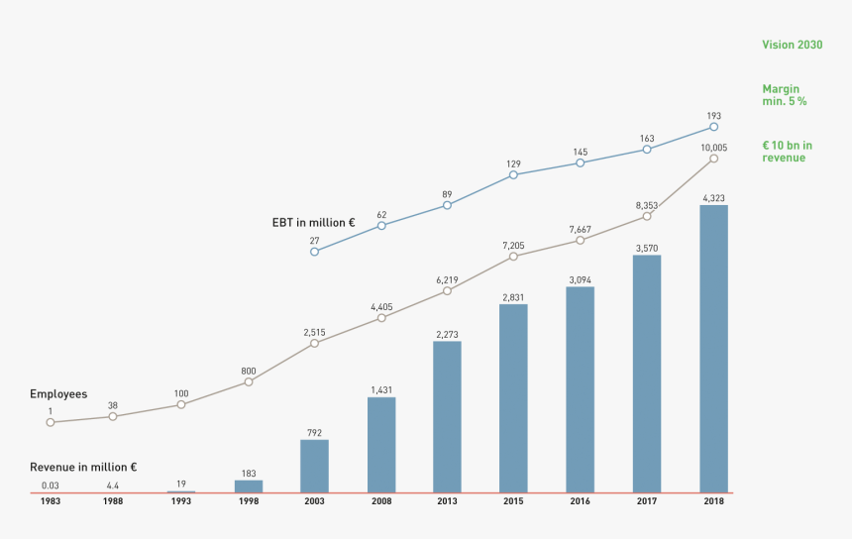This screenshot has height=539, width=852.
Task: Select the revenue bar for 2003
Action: [x=314, y=466]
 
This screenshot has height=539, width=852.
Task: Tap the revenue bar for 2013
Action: [x=447, y=417]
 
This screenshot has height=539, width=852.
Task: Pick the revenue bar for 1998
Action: [x=249, y=486]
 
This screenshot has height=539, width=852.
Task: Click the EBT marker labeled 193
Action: [x=714, y=127]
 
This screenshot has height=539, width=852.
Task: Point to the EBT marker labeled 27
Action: [x=314, y=252]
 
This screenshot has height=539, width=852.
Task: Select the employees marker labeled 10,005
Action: [x=714, y=159]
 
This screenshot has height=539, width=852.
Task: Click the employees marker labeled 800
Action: [x=249, y=381]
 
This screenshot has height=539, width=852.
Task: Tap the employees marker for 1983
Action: [x=50, y=422]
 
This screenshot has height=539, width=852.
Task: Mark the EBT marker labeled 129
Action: [x=513, y=175]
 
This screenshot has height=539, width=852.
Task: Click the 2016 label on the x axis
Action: [x=580, y=502]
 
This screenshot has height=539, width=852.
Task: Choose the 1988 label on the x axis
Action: [x=113, y=502]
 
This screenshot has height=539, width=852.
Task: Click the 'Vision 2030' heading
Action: [x=792, y=45]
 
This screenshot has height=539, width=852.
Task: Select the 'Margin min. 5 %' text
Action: [x=784, y=95]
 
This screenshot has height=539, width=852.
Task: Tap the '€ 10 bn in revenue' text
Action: [x=787, y=152]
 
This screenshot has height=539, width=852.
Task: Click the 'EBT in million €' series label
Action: [x=313, y=223]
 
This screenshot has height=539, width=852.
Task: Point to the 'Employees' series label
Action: [x=58, y=394]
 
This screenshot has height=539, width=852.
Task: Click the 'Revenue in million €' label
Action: [x=83, y=467]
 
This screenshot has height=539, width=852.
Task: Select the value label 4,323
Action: [x=713, y=198]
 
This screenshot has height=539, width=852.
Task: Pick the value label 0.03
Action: [x=50, y=485]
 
